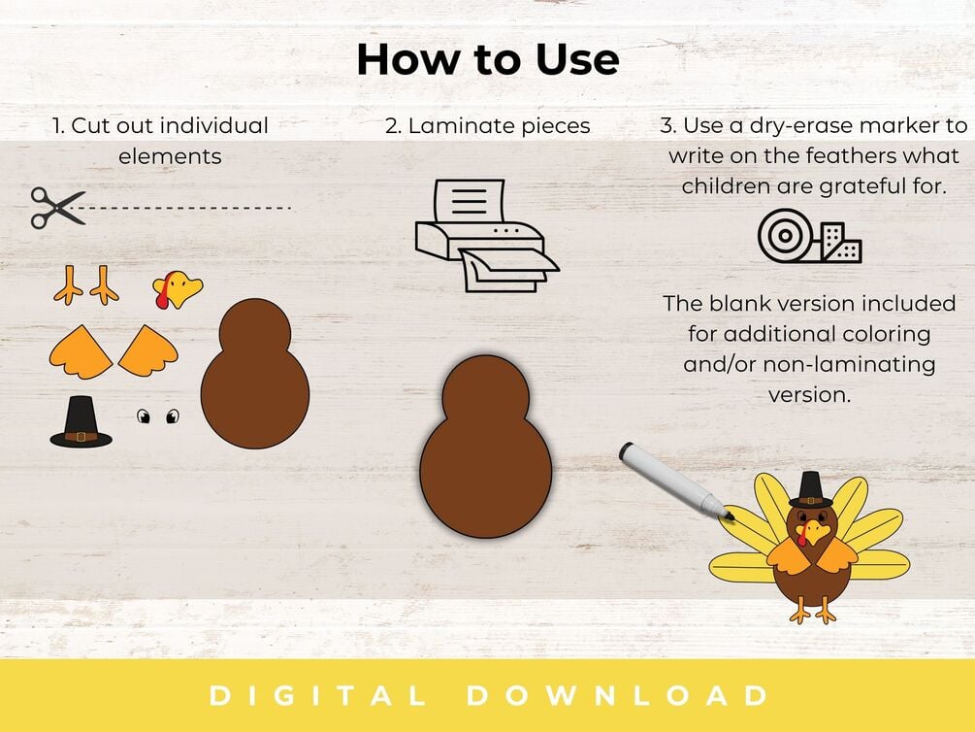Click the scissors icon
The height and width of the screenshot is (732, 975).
tap(57, 208)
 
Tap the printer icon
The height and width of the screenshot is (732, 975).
tap(487, 236)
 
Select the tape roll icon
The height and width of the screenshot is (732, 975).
tap(810, 236)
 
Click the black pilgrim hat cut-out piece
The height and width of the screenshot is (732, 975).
tap(81, 422)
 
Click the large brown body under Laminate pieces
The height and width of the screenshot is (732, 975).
tap(486, 447)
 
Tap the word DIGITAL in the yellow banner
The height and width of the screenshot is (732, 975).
tap(317, 695)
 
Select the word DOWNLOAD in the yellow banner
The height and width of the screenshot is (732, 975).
tap(618, 695)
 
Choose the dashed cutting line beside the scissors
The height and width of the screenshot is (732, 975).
tap(188, 208)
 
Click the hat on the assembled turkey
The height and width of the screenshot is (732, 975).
tap(811, 489)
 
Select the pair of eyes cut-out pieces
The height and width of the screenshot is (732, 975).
tap(158, 416)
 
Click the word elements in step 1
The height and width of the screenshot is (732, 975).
tap(170, 156)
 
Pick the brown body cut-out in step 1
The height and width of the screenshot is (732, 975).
tap(255, 374)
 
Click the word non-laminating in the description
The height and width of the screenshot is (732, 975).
tap(850, 364)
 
